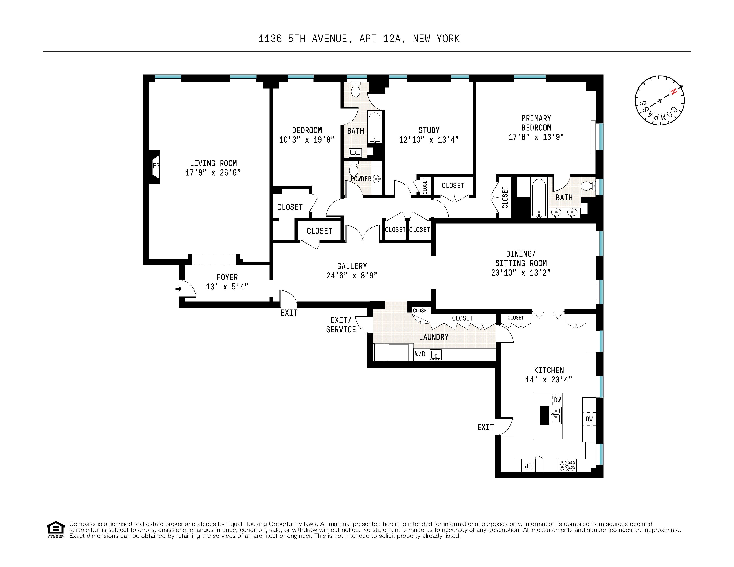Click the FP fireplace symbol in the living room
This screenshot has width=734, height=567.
pyautogui.click(x=156, y=166)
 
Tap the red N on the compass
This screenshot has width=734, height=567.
pyautogui.click(x=673, y=91)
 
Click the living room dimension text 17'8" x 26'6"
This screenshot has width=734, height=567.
pyautogui.click(x=213, y=173)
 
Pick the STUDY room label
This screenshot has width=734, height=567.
pyautogui.click(x=429, y=130)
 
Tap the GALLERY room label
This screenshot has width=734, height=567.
pyautogui.click(x=352, y=266)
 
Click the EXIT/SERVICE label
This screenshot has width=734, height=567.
pyautogui.click(x=341, y=325)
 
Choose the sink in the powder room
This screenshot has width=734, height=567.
pyautogui.click(x=377, y=179)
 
